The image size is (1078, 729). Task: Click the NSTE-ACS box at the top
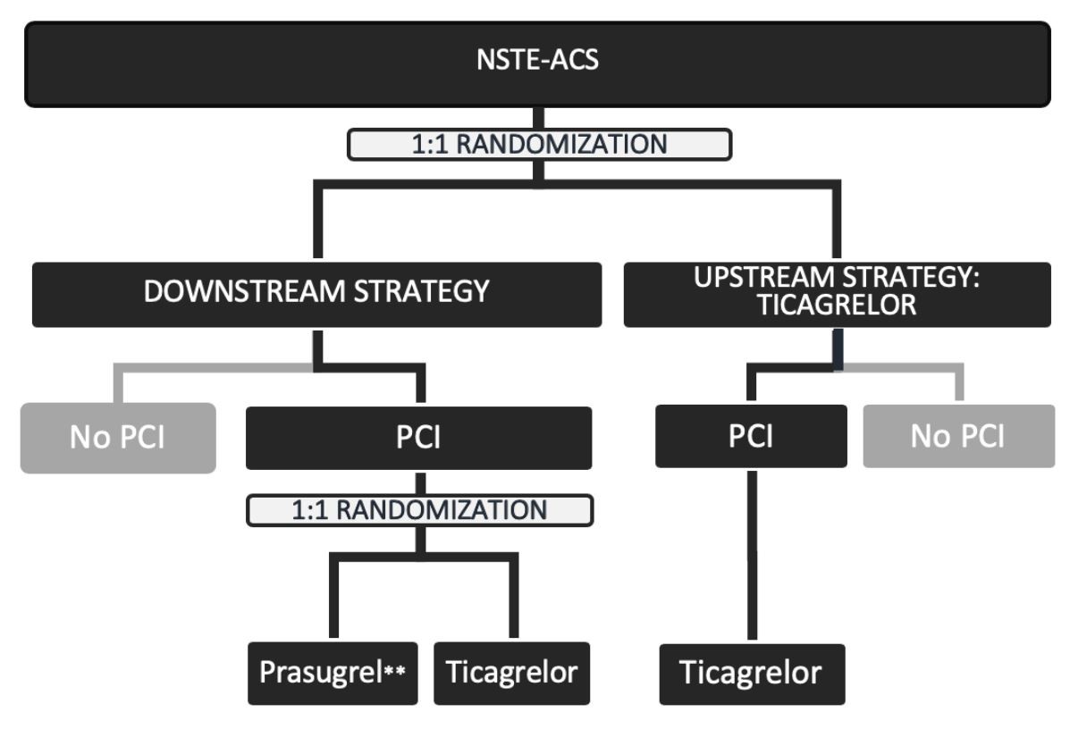[x=537, y=64]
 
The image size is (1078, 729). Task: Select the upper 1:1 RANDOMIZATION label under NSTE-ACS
[x=539, y=145]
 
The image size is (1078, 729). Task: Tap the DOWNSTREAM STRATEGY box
[x=316, y=294]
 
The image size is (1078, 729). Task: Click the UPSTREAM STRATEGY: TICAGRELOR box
[x=838, y=294]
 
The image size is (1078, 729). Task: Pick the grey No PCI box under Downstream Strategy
[x=118, y=438]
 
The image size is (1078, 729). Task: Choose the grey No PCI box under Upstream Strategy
[x=958, y=436]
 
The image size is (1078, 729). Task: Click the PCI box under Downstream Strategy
[x=418, y=438]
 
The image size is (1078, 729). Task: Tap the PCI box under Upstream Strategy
[x=751, y=436]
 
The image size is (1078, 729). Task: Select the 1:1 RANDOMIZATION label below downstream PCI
[x=420, y=510]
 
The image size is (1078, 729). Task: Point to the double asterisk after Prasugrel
[x=395, y=671]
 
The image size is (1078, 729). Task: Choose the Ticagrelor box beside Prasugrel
[x=512, y=673]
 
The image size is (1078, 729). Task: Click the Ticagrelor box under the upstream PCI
[x=751, y=673]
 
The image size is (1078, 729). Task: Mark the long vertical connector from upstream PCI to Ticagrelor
[x=752, y=554]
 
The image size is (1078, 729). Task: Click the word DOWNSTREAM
[x=235, y=292]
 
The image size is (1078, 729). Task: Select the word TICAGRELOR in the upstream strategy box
[x=837, y=306]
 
